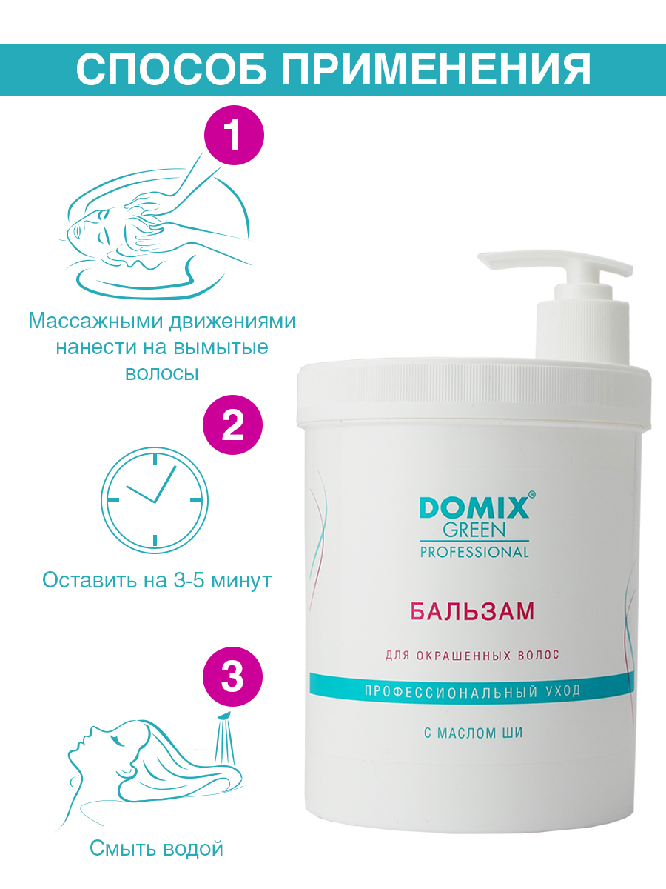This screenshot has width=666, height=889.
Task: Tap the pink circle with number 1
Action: click(234, 136)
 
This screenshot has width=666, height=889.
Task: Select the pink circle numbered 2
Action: click(232, 424)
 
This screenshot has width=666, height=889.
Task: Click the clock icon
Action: click(155, 500)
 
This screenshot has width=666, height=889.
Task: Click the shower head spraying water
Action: click(223, 718)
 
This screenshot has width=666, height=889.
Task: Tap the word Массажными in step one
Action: click(96, 322)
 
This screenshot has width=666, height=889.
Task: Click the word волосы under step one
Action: click(162, 374)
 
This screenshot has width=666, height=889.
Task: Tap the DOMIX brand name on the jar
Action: click(474, 508)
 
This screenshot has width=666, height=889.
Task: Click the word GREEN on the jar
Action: click(474, 530)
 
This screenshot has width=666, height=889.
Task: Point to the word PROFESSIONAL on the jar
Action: click(474, 553)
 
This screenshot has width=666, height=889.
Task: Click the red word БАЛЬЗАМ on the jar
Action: click(472, 612)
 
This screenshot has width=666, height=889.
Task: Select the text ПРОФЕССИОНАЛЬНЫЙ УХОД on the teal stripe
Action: click(473, 690)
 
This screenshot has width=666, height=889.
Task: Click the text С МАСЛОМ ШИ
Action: click(474, 745)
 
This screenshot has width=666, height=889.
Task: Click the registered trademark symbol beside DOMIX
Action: click(532, 495)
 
